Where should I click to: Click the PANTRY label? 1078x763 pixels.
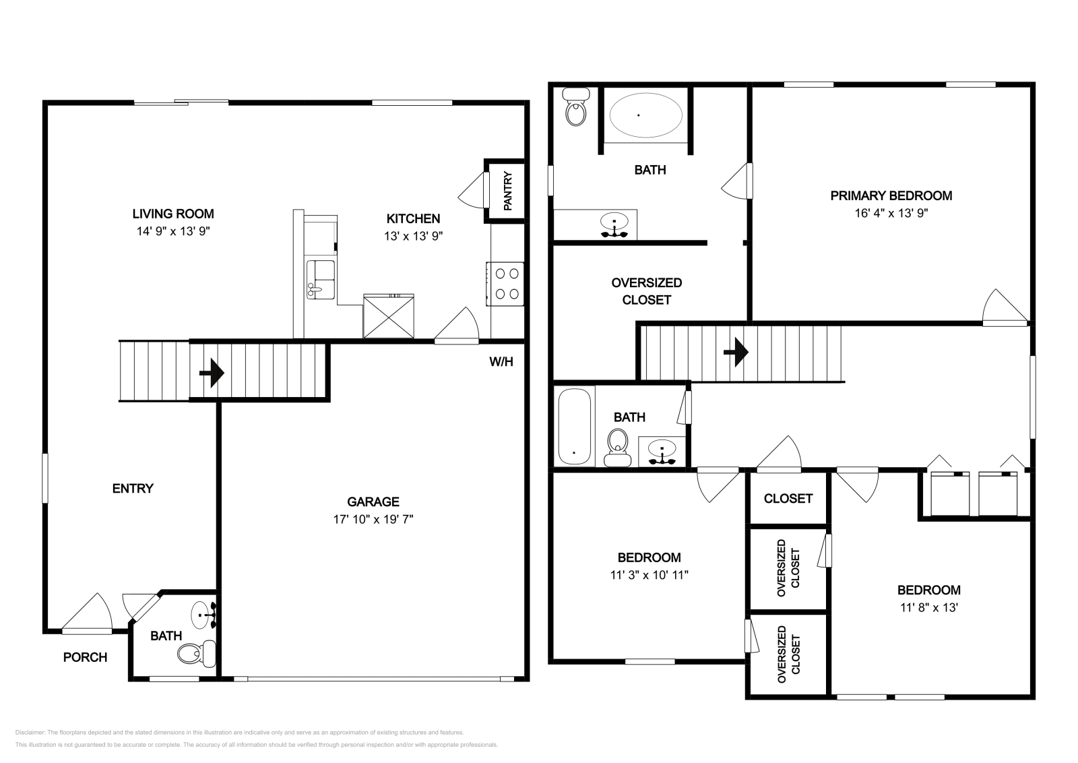point(508,191)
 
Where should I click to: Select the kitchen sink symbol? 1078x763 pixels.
point(320,279)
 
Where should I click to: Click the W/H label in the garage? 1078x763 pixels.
point(501,362)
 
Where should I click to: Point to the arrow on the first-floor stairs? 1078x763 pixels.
point(212,372)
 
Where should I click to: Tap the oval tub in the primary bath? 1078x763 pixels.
point(645,115)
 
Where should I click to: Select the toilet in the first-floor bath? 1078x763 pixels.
point(196,652)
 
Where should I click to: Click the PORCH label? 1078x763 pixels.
point(85,657)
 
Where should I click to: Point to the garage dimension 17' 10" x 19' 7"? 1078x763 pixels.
point(373,519)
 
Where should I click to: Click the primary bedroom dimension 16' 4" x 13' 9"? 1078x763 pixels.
point(891,213)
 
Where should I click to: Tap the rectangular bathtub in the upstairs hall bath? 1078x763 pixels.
point(574,426)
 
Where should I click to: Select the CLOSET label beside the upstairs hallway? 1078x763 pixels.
point(788,499)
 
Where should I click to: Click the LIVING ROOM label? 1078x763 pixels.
point(173,214)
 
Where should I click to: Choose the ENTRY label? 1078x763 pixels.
point(133,488)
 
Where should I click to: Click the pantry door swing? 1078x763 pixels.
point(473,191)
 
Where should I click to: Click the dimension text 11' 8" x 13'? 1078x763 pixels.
point(928,607)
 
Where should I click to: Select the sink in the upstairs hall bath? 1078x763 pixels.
point(662,450)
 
